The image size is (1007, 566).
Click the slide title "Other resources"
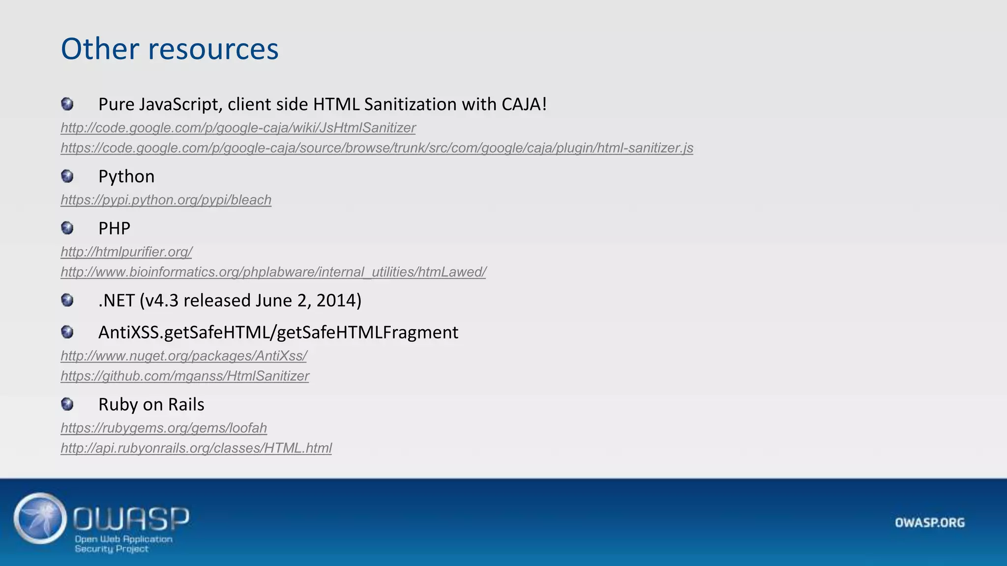point(170,49)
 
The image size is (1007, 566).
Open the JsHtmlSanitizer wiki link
point(238,128)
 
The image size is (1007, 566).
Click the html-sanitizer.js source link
point(377,148)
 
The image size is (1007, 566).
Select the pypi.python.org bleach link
point(166,200)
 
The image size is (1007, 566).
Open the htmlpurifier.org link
point(126,252)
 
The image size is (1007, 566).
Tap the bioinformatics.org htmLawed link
point(273,272)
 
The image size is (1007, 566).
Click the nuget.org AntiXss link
point(183,356)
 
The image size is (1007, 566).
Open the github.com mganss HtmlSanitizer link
point(184,376)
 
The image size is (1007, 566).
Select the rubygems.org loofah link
point(164,428)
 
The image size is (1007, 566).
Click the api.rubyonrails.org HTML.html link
point(196,448)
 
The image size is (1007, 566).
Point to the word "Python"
point(126,176)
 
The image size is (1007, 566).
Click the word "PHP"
point(114,228)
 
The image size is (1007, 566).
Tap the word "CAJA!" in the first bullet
point(524,104)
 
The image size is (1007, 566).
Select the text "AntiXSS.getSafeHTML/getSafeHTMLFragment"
point(278,333)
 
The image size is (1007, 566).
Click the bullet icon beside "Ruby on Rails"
point(67,404)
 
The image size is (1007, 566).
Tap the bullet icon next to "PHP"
point(67,228)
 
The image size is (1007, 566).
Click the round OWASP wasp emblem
point(40,519)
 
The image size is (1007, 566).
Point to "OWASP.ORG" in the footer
point(930,522)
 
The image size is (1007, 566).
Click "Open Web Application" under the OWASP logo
point(123,539)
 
